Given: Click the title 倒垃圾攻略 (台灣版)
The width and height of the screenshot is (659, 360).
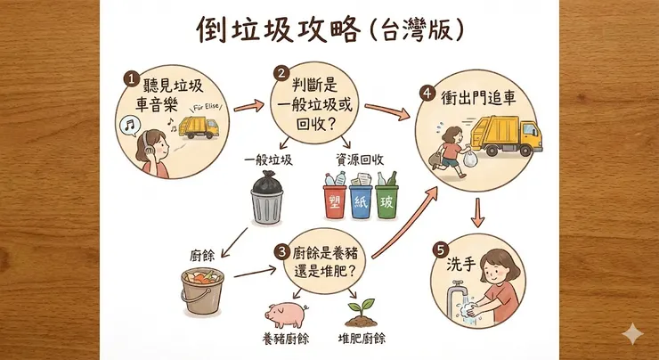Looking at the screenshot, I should [330, 31].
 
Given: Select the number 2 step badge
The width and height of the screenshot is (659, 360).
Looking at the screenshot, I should [281, 73].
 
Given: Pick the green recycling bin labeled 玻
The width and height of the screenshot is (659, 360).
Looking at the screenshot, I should [386, 203].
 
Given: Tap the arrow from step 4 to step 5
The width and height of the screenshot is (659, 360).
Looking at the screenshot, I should [478, 211].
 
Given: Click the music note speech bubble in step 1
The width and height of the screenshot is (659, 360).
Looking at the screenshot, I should [130, 126].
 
